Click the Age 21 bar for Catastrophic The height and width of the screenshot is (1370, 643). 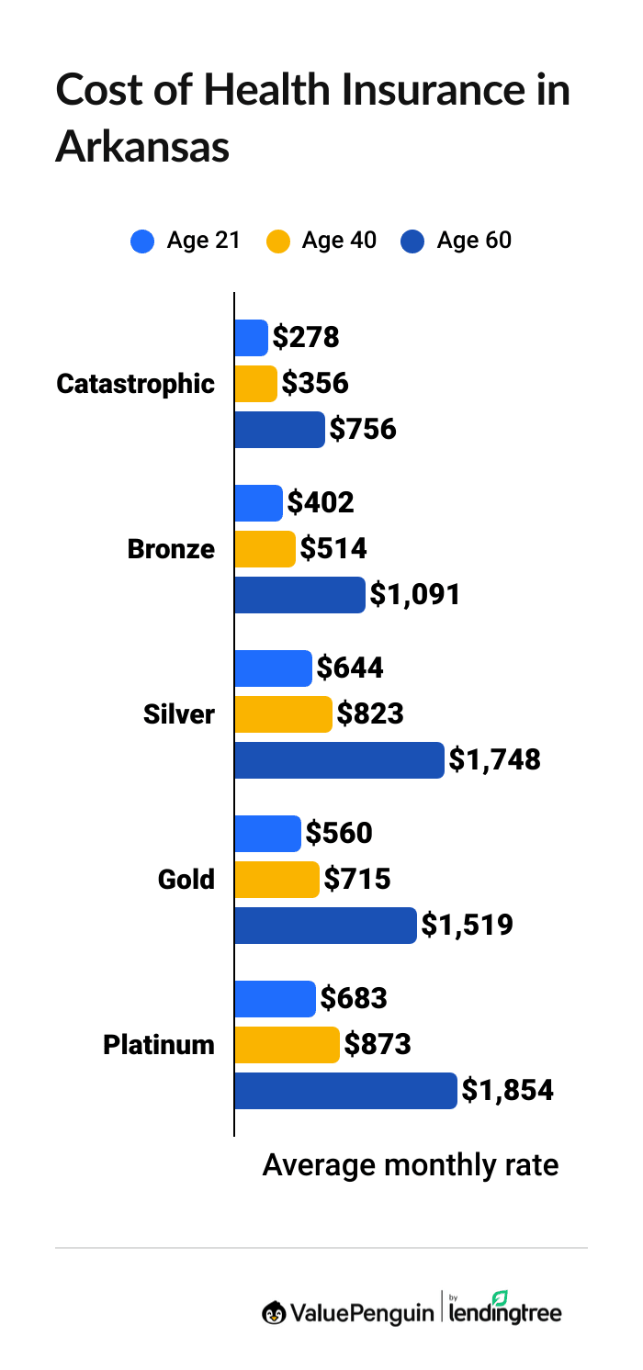[251, 338]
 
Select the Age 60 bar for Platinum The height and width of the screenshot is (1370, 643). [345, 1091]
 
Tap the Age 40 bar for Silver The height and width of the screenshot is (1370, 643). [283, 714]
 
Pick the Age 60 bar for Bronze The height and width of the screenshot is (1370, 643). [299, 595]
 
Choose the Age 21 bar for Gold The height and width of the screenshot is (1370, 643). [267, 834]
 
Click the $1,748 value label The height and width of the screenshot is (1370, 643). [494, 760]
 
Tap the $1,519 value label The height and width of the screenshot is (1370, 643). [467, 926]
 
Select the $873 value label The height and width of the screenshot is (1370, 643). [377, 1045]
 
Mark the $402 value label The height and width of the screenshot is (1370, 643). [321, 503]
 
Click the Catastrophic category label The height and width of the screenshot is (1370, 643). [135, 384]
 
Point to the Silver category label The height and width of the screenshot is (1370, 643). [178, 714]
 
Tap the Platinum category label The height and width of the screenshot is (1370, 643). [158, 1045]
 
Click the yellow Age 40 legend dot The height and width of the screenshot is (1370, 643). [277, 241]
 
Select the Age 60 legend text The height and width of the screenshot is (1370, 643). [474, 241]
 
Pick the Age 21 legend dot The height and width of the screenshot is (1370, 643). [142, 241]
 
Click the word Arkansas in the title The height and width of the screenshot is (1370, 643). [141, 147]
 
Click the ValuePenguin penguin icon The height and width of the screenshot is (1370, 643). [273, 1312]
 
